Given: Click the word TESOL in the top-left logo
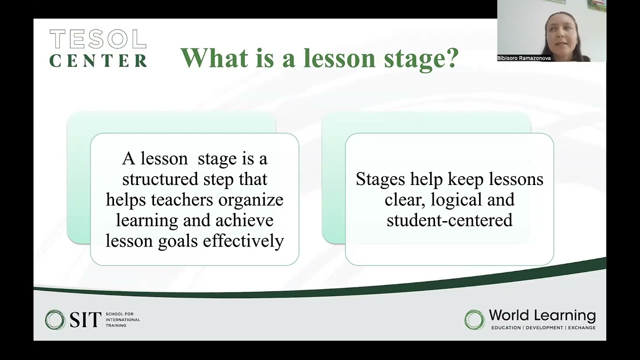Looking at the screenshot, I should pyautogui.click(x=98, y=39).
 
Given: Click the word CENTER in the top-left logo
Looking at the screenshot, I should pyautogui.click(x=98, y=60).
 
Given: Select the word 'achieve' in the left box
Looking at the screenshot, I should pyautogui.click(x=244, y=220).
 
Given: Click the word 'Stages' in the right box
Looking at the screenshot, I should pyautogui.click(x=380, y=179).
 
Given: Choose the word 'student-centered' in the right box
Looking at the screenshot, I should pyautogui.click(x=449, y=220).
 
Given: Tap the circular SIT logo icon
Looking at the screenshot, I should pyautogui.click(x=55, y=319).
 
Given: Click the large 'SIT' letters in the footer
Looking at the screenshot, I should pyautogui.click(x=85, y=319).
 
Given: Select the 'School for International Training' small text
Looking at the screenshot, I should pyautogui.click(x=122, y=319).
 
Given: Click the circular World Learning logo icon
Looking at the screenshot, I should pyautogui.click(x=474, y=319).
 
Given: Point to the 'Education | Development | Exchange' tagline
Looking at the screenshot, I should pyautogui.click(x=543, y=328).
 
